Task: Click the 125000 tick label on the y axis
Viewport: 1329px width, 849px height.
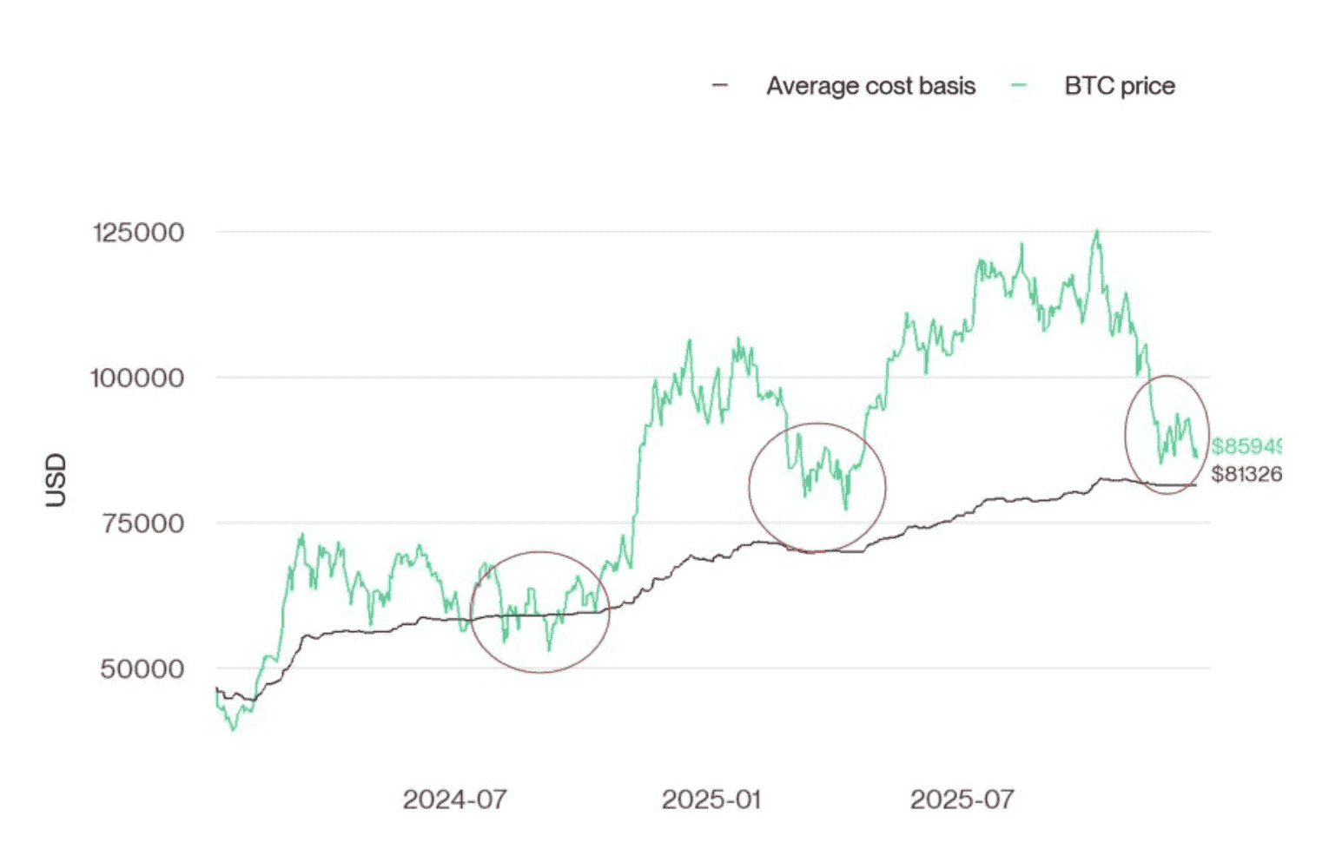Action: [138, 233]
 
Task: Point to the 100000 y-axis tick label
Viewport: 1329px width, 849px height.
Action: [138, 378]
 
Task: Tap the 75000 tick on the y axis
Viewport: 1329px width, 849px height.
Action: [142, 523]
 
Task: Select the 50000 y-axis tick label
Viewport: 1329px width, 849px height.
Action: [142, 669]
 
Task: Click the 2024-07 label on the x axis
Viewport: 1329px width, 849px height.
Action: [454, 800]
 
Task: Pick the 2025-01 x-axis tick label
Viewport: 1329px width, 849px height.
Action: [711, 800]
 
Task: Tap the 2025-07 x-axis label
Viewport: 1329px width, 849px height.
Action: [962, 800]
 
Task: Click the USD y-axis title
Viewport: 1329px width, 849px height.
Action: [56, 479]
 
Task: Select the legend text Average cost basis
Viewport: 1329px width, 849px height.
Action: [870, 86]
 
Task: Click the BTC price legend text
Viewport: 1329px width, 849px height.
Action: [1119, 86]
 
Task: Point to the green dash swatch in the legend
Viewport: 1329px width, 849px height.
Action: [1019, 85]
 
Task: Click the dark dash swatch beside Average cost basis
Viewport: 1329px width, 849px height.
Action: [720, 85]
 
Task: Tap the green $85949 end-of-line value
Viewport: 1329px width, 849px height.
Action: [1246, 446]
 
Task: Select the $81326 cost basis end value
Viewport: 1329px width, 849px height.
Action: [1246, 474]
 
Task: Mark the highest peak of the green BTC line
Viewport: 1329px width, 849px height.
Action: [1097, 231]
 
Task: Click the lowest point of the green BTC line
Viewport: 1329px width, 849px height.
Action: [232, 729]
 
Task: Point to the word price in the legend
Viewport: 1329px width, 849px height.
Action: [1147, 86]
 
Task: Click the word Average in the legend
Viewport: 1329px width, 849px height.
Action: [807, 86]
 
